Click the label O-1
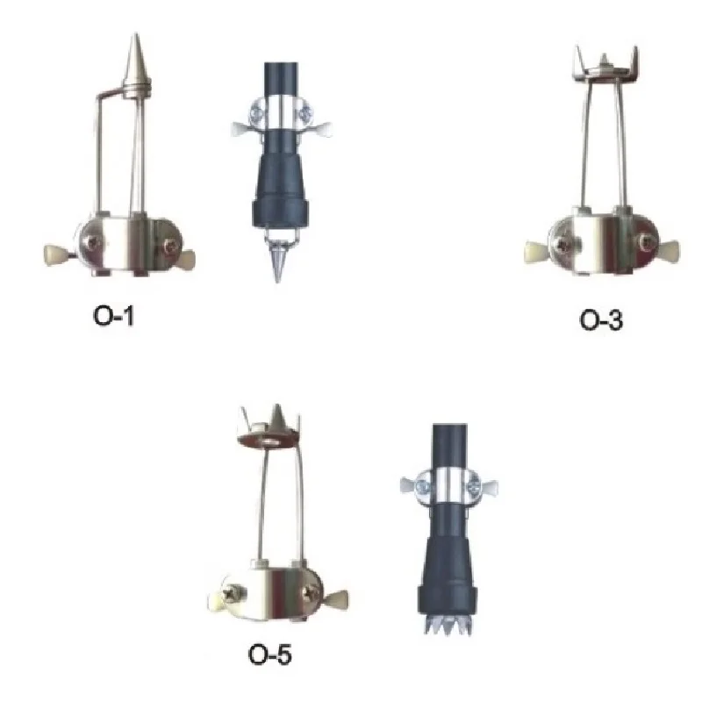[112, 315]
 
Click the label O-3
[601, 320]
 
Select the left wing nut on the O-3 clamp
[537, 248]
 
